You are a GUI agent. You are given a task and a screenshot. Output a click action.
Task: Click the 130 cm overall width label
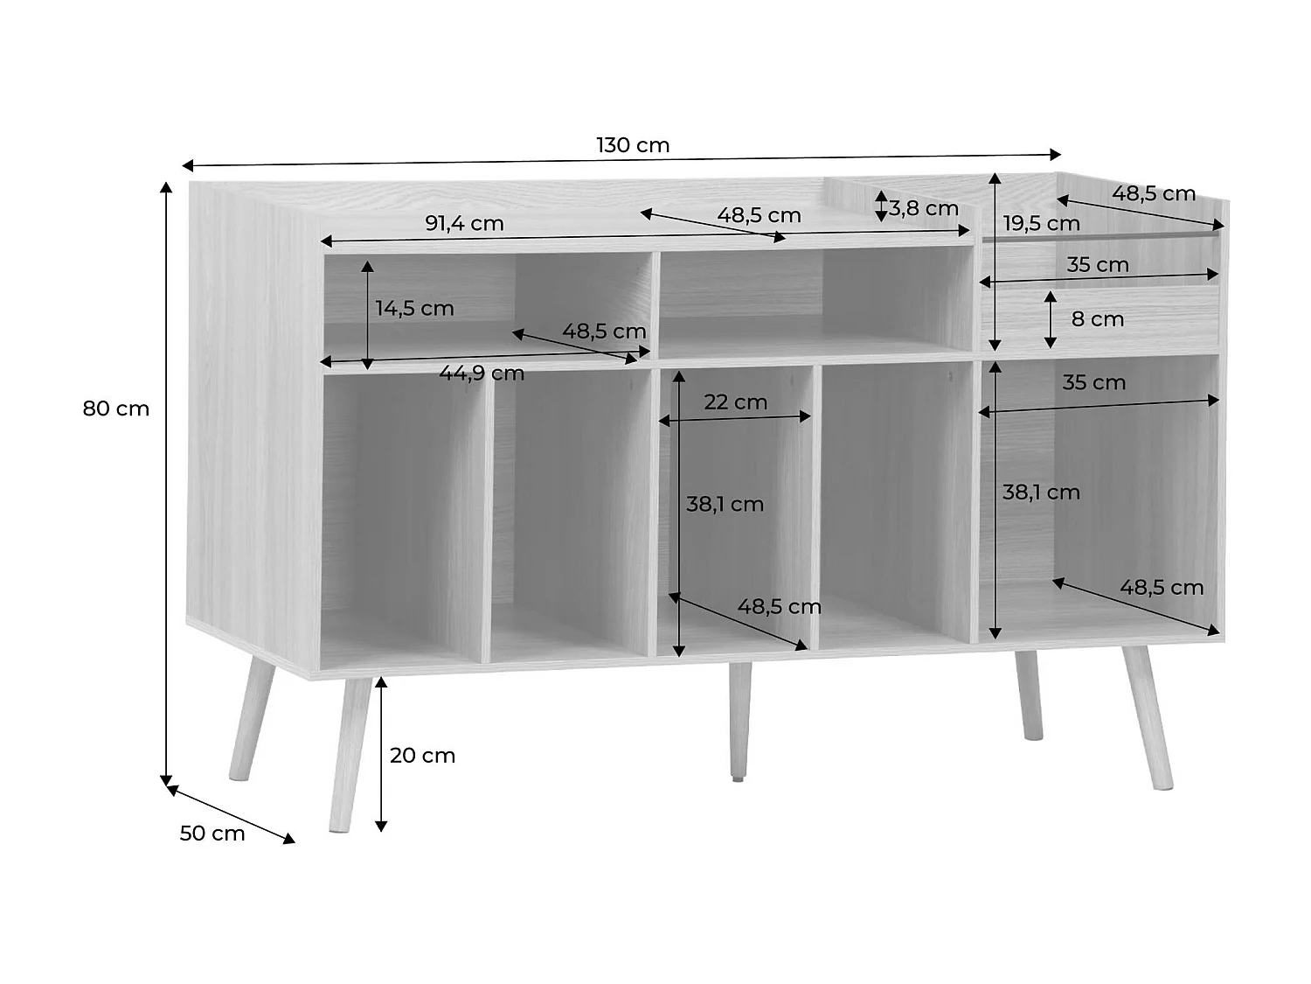633,145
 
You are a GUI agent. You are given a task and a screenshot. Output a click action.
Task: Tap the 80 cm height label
116,408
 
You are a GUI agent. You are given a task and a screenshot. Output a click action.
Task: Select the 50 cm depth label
212,834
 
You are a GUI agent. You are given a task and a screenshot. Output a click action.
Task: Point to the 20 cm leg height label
422,756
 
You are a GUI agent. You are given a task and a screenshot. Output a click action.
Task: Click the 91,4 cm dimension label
464,223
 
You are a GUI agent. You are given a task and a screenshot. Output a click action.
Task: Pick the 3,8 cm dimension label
924,208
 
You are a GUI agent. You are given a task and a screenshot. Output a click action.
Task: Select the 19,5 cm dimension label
1041,223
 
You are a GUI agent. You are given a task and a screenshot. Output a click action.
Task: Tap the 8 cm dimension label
1098,319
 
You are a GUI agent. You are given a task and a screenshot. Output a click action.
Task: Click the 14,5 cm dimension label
414,308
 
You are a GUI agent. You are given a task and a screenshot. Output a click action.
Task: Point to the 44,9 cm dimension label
482,373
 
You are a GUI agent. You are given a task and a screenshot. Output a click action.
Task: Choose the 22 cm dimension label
735,402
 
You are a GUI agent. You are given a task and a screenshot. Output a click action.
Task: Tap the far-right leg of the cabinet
1148,717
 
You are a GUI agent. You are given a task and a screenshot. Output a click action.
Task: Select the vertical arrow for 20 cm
381,754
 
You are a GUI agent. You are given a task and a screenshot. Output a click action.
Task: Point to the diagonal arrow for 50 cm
231,814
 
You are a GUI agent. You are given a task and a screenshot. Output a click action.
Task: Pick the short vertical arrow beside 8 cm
1051,319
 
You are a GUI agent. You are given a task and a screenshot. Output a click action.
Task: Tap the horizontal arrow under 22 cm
735,420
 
